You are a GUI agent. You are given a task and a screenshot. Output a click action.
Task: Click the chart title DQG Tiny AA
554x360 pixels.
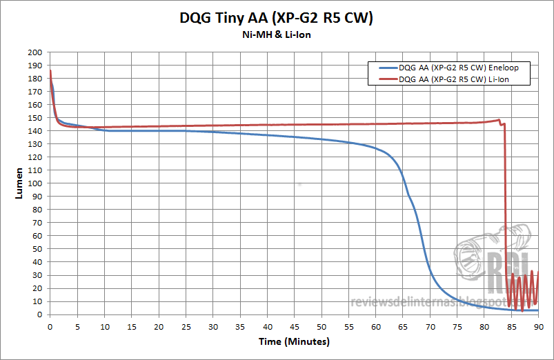click(277, 19)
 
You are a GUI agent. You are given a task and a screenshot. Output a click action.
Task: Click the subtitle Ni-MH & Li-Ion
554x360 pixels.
click(277, 36)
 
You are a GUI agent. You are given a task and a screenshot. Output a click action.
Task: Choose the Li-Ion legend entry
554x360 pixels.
click(455, 79)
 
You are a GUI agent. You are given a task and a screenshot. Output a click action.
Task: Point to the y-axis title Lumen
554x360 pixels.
click(19, 183)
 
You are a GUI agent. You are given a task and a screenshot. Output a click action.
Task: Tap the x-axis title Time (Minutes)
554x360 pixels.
click(294, 341)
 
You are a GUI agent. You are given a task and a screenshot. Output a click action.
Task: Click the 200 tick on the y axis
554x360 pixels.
click(39, 52)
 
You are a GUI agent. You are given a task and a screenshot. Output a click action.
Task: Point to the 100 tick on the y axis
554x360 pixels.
click(39, 183)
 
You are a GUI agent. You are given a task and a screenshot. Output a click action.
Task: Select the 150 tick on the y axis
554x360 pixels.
click(39, 118)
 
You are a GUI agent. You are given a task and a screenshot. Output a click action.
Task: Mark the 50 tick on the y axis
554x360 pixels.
click(41, 249)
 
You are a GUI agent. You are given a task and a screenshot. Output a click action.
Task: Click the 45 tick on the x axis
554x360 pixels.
click(294, 326)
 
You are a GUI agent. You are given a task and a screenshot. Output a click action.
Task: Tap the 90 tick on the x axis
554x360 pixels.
click(537, 326)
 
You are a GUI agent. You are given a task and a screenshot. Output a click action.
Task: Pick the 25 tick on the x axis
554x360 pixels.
click(186, 326)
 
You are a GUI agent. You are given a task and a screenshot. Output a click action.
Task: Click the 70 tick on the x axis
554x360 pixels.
click(429, 326)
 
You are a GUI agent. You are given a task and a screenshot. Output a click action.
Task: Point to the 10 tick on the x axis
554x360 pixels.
click(104, 326)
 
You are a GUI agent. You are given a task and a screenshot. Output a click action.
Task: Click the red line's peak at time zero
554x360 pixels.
click(50, 71)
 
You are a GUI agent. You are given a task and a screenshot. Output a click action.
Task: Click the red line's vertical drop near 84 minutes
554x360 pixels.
click(506, 207)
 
